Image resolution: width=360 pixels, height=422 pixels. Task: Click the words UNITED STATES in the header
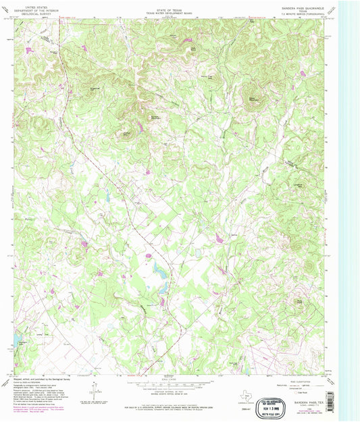pyautogui.click(x=31, y=5)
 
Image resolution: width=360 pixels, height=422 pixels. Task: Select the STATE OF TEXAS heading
pyautogui.click(x=170, y=5)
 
